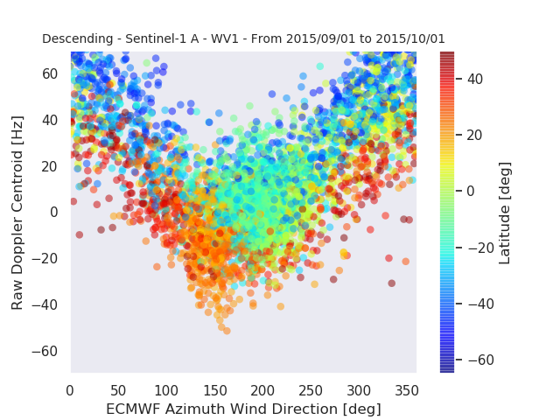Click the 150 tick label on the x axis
pos(215,391)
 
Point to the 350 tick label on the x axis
pos(407,391)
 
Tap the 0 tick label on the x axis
pos(70,391)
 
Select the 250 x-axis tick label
pos(311,391)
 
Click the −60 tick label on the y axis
pos(45,351)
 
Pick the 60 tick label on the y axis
pos(50,73)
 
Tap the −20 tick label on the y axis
pos(45,258)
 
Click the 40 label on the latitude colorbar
pos(475,79)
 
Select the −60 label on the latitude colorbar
pos(481,360)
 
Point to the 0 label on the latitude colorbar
pos(471,191)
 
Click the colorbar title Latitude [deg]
pos(504,213)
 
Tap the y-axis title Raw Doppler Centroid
pos(17,213)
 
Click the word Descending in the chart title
pos(78,38)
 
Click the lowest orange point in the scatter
pos(227,331)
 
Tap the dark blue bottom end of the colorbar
pos(447,370)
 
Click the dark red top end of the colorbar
pos(447,54)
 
